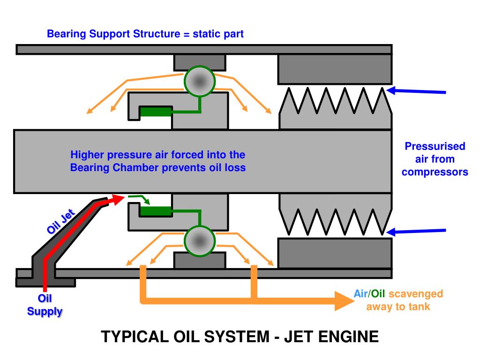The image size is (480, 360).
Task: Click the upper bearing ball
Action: point(200,82)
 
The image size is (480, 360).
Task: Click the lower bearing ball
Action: point(200,241)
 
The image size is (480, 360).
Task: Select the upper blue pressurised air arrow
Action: point(416,91)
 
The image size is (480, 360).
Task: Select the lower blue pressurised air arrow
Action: point(416,232)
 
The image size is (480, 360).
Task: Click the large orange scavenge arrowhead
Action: point(345,301)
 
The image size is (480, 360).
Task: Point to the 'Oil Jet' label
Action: point(60,221)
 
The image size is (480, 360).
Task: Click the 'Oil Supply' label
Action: point(45,305)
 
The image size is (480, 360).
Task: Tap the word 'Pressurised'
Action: point(435,146)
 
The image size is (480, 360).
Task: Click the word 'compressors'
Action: point(435,172)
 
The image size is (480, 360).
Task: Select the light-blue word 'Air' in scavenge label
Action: point(360,293)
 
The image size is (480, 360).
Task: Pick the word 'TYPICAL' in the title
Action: point(135,337)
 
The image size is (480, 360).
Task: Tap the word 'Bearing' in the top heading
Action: point(67,34)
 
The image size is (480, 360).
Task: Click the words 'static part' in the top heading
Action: point(218,34)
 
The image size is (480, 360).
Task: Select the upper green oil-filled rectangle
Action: point(156,111)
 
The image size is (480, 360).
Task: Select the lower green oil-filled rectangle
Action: point(156,211)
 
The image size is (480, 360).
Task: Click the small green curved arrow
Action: point(139,199)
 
